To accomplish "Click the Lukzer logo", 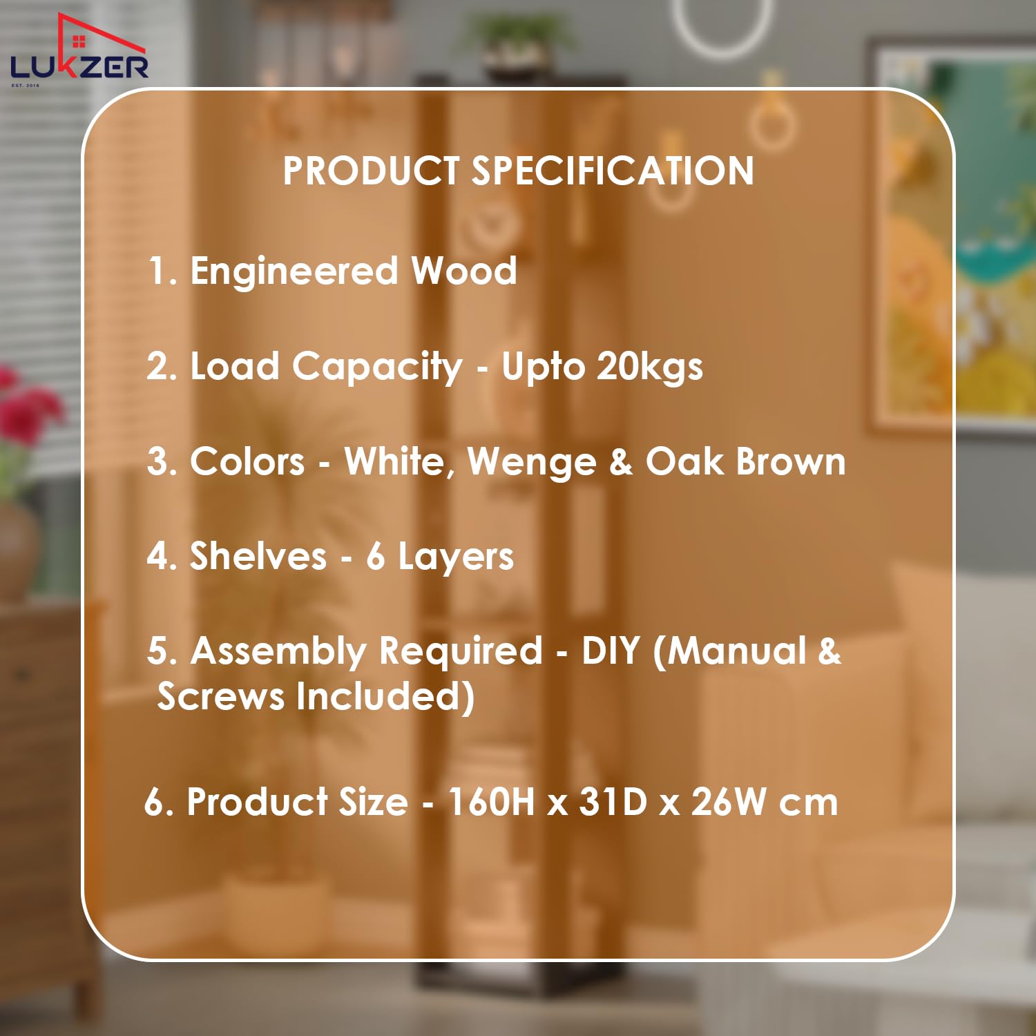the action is click(x=79, y=50).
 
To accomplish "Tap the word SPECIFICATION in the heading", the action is click(x=613, y=171).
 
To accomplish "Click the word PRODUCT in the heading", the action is click(x=371, y=171).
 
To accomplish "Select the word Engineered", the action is click(x=294, y=271).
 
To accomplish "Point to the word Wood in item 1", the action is click(x=464, y=270).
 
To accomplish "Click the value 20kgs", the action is click(x=650, y=367).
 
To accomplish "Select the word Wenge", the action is click(x=532, y=463).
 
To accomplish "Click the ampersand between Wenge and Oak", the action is click(x=621, y=461).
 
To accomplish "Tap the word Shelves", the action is click(x=258, y=556).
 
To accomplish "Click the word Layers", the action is click(x=456, y=557).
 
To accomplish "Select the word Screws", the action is click(x=220, y=696).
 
